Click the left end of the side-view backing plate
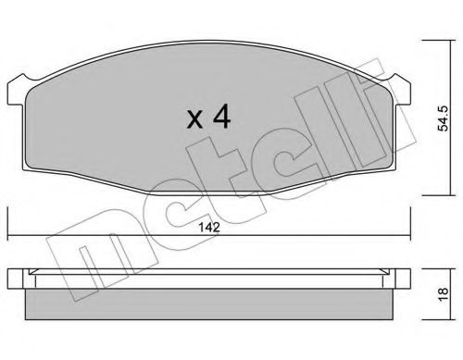(x=12, y=279)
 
